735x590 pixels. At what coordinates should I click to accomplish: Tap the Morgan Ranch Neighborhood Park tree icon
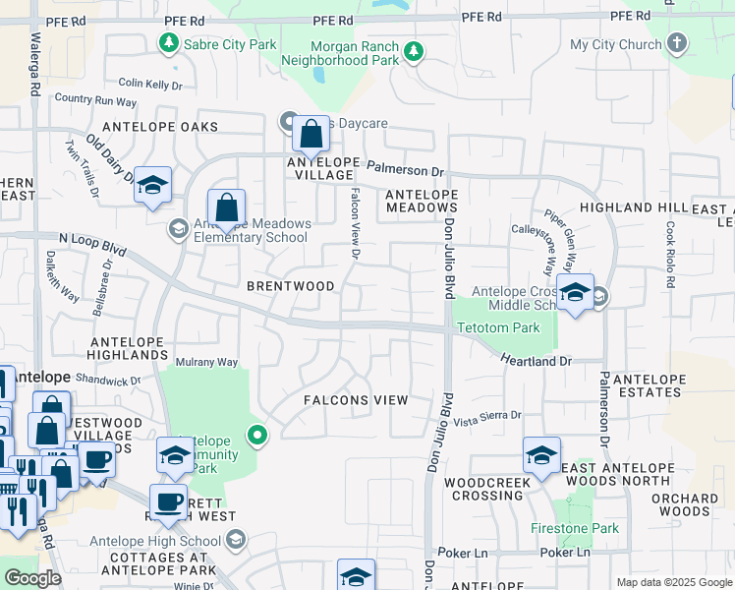(414, 51)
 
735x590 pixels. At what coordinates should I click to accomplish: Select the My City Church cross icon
(676, 43)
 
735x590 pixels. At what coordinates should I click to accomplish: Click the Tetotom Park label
(498, 327)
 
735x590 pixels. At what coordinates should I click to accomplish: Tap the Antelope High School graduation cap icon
(236, 539)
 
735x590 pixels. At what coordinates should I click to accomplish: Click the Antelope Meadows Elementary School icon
(178, 229)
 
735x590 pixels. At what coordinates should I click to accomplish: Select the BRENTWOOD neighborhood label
(298, 286)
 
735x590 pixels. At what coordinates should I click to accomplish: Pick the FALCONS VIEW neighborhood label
(355, 400)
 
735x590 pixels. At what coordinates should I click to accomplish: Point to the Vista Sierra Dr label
(487, 416)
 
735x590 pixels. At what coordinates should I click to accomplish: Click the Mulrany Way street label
(206, 362)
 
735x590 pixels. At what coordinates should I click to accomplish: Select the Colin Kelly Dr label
(151, 85)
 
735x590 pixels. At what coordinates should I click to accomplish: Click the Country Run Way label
(95, 100)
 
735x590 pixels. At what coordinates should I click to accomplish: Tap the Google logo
(32, 578)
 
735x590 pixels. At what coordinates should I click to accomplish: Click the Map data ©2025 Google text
(674, 582)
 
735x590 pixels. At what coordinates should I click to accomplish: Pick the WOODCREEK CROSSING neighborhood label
(487, 490)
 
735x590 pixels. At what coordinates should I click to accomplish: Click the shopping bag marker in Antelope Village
(311, 136)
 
